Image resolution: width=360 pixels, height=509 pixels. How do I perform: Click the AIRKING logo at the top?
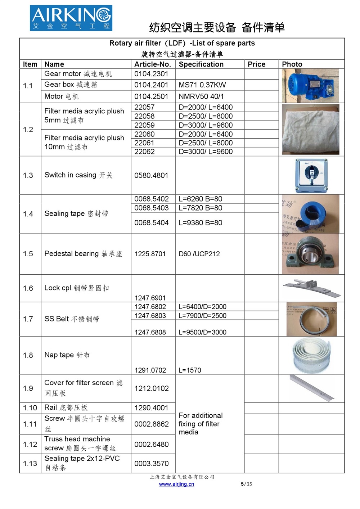point(71,18)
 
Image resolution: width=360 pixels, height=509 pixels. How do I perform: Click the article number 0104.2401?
point(151,85)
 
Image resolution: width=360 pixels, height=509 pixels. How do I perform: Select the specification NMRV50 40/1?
point(201,96)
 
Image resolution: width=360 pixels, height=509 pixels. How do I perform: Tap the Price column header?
point(256,64)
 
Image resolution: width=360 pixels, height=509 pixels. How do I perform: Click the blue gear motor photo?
point(310,86)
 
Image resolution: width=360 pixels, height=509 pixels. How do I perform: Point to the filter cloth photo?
point(310,130)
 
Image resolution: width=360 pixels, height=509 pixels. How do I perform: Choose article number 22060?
point(144,134)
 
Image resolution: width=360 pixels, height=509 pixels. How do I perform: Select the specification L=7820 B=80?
point(200,208)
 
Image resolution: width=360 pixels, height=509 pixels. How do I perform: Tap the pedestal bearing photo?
point(310,253)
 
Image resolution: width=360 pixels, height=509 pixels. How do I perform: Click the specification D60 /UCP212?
point(199,254)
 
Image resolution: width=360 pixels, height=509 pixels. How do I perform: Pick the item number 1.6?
point(28,288)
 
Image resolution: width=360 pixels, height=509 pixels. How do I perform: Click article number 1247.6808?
point(150,332)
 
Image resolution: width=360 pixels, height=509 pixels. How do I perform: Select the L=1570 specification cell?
point(190,370)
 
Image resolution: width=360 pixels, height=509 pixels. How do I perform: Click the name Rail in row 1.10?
point(51,407)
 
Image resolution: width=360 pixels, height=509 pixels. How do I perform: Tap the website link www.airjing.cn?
point(176,484)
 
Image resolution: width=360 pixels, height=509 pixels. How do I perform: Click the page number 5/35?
point(246,484)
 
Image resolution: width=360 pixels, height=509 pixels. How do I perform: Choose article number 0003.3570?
point(151,464)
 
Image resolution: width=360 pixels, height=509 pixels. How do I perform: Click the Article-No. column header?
point(152,64)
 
